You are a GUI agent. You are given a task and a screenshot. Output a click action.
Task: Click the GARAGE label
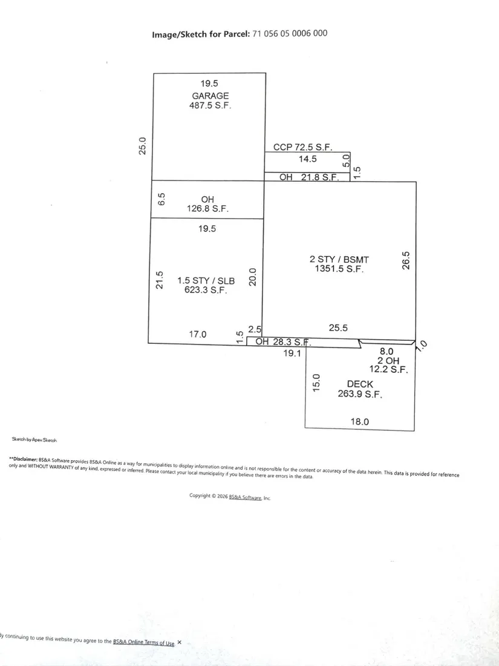click(210, 96)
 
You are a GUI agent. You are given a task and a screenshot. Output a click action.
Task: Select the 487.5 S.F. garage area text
click(210, 105)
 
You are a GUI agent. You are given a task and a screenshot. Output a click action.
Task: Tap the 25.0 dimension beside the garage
click(143, 146)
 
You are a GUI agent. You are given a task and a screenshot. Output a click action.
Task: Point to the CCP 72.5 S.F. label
click(302, 147)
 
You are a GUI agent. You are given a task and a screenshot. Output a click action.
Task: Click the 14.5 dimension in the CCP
click(308, 159)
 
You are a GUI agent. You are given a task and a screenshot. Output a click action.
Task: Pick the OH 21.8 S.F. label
click(309, 177)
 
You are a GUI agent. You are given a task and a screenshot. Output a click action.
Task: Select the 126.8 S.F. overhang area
click(207, 208)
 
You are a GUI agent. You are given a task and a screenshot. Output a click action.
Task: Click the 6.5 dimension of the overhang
click(161, 199)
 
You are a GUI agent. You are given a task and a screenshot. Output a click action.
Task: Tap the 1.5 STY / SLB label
click(206, 281)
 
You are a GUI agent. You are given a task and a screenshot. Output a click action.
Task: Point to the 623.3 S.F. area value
click(206, 290)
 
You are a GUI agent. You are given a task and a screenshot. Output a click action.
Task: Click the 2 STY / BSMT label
click(339, 259)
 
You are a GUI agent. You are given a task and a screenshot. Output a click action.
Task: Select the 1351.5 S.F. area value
click(339, 268)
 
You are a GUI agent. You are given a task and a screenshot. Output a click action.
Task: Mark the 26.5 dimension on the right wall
click(406, 260)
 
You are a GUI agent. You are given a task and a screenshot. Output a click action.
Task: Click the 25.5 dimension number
click(338, 328)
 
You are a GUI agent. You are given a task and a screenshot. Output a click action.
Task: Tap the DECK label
click(360, 384)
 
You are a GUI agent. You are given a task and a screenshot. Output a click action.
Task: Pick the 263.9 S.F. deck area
click(360, 394)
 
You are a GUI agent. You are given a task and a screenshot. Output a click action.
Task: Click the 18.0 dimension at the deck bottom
click(359, 422)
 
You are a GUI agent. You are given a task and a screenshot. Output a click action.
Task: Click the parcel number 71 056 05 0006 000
click(290, 33)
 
